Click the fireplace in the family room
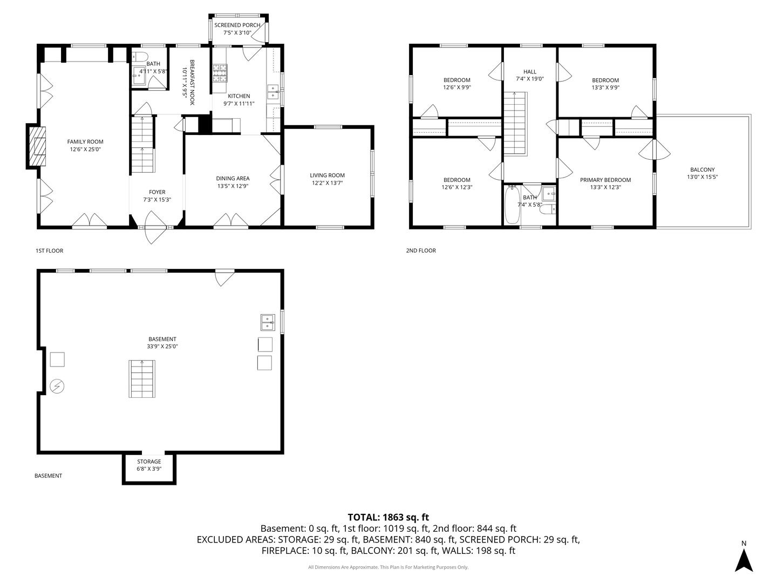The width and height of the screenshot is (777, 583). [x=37, y=146]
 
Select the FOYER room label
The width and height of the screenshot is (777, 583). [x=157, y=192]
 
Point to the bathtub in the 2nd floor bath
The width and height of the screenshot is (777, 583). [x=512, y=205]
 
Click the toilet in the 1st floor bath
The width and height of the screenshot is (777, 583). [x=139, y=57]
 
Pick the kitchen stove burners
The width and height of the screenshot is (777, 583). [x=220, y=73]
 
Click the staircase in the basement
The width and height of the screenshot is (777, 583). [x=142, y=379]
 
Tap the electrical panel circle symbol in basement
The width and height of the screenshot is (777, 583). [x=57, y=386]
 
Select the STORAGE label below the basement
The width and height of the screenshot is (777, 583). [x=149, y=462]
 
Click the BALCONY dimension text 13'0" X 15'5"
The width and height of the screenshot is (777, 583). [x=703, y=177]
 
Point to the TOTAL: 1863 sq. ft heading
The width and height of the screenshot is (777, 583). [x=388, y=517]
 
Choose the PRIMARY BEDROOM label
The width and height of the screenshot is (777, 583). [x=605, y=180]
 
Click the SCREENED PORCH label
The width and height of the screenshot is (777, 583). [x=237, y=25]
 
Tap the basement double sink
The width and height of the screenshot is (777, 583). [x=268, y=322]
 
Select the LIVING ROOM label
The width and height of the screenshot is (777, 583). [x=327, y=175]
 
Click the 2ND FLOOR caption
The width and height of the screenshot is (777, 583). [x=421, y=250]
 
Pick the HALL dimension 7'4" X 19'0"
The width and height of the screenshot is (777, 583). [x=529, y=79]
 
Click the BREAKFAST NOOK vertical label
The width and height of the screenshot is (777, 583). [x=193, y=82]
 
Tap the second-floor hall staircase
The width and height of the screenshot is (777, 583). [x=516, y=124]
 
